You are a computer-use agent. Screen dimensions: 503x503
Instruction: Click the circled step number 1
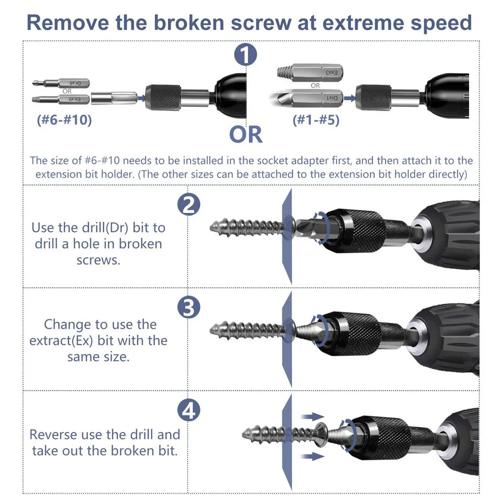(246, 55)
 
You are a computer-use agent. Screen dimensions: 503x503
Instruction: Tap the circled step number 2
(189, 205)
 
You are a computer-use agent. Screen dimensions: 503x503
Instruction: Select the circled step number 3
(189, 307)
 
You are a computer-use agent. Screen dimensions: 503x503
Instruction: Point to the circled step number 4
(189, 410)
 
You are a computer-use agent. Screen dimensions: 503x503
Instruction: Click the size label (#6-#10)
(64, 120)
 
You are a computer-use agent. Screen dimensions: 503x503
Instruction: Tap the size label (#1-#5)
(316, 120)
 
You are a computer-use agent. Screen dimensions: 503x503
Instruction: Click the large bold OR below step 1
(246, 135)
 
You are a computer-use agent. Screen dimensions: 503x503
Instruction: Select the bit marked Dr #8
(61, 84)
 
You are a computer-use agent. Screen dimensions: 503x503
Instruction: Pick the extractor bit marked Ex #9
(61, 99)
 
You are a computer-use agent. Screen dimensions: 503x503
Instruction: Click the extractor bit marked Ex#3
(310, 72)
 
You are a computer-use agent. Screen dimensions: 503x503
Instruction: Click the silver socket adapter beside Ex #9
(114, 98)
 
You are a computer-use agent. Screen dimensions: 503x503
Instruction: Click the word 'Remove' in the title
(68, 23)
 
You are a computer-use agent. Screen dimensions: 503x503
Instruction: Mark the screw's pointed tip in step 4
(243, 435)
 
